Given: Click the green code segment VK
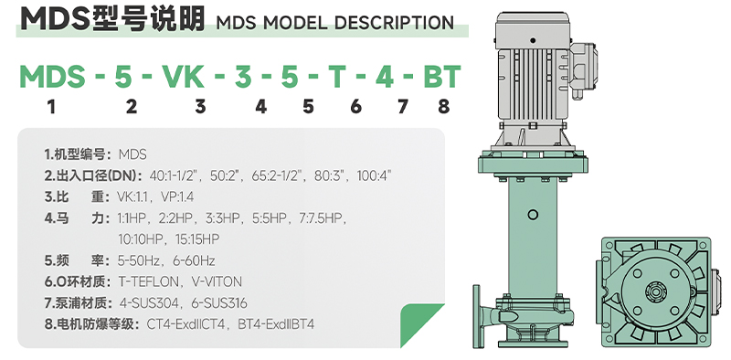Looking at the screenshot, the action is coord(184,77).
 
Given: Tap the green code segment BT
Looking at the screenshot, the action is coord(442,77).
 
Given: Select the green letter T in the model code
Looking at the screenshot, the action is coord(337,77).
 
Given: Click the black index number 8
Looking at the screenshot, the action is coord(444,107).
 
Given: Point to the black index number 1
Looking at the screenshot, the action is coord(51,107).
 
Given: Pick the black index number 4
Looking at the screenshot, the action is coord(260,107).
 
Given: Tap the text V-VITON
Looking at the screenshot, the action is coord(217,281).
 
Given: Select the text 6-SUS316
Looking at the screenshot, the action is coord(219,303).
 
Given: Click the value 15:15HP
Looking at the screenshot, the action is coord(197,239).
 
